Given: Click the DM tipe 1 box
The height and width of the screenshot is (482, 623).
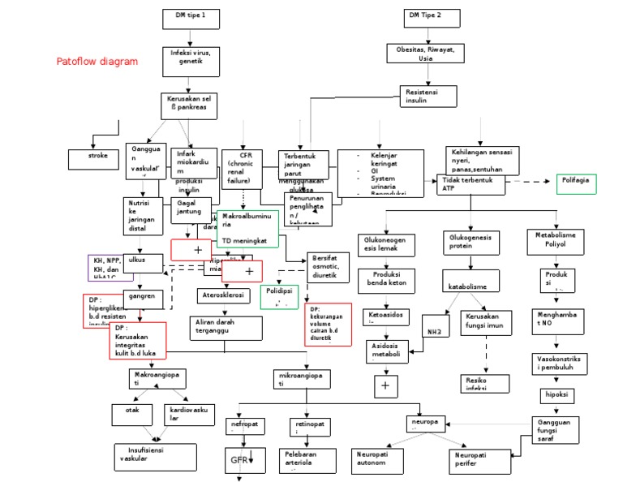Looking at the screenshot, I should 190,18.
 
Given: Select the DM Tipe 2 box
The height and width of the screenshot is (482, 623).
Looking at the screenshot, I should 427,17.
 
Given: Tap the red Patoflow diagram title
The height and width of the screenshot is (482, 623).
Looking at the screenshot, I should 97,62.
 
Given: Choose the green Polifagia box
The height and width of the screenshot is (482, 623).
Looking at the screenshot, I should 576,183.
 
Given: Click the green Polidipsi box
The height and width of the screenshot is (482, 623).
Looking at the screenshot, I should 279,296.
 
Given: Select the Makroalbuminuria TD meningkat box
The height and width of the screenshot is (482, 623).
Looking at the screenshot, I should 247,229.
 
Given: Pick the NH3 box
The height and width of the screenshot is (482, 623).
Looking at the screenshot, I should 433,332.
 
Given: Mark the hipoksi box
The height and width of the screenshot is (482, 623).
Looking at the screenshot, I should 556,395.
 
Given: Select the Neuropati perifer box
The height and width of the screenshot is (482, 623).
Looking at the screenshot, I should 479,460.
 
